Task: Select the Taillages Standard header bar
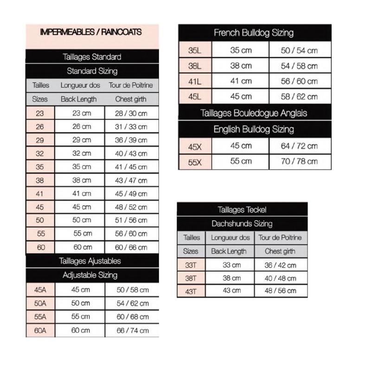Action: pyautogui.click(x=92, y=57)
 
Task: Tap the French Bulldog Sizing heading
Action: pyautogui.click(x=254, y=33)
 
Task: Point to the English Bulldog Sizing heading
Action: pyautogui.click(x=254, y=129)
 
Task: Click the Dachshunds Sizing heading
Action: pyautogui.click(x=242, y=224)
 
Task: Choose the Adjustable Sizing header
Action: pyautogui.click(x=90, y=275)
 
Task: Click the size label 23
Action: pyautogui.click(x=40, y=113)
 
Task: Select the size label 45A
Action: pyautogui.click(x=40, y=290)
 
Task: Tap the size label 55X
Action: pyautogui.click(x=195, y=161)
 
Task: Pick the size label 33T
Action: pyautogui.click(x=191, y=265)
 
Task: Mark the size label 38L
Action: pyautogui.click(x=195, y=66)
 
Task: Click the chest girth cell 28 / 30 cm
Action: pyautogui.click(x=131, y=113)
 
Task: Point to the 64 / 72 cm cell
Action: pyautogui.click(x=299, y=146)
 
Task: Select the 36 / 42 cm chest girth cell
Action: pyautogui.click(x=280, y=265)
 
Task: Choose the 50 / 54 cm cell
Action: pyautogui.click(x=299, y=51)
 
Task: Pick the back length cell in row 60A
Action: pyautogui.click(x=80, y=331)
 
